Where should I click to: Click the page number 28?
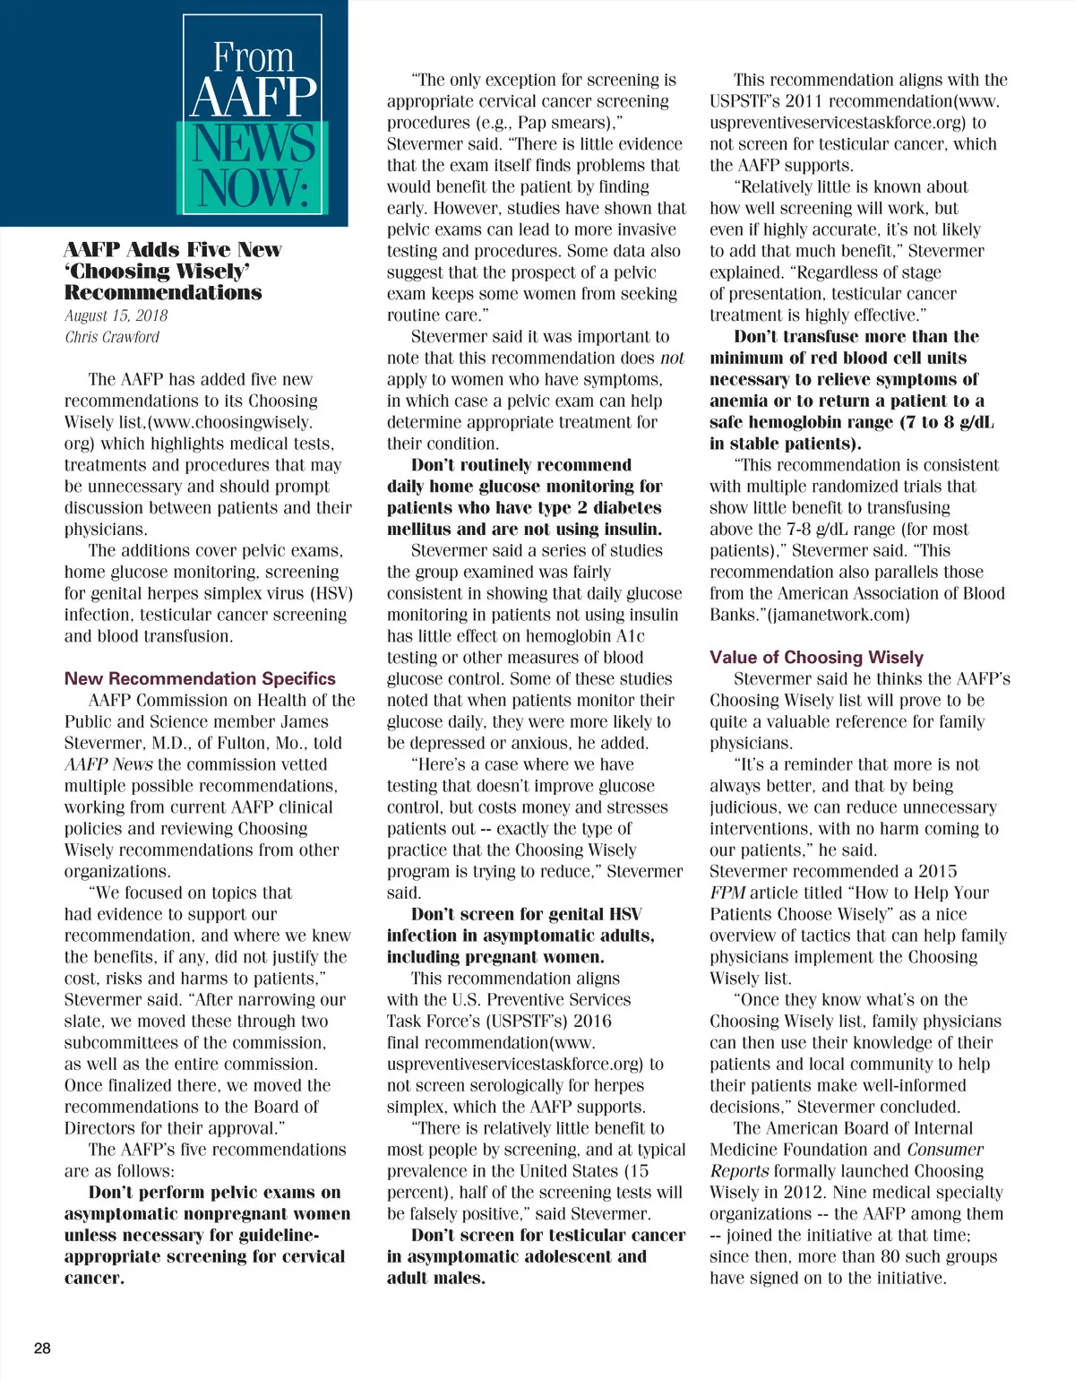(42, 1348)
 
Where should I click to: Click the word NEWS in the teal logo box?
(254, 143)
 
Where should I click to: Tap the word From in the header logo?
(254, 58)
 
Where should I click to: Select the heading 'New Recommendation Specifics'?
(200, 678)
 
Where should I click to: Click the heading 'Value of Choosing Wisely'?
(816, 657)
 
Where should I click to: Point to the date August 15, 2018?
(116, 315)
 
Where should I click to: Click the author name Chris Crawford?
(112, 337)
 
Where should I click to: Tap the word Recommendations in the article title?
(163, 293)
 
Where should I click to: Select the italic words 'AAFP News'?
(108, 764)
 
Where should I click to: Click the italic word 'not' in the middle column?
(672, 358)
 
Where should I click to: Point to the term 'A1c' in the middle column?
(630, 636)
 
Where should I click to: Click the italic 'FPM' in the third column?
(727, 893)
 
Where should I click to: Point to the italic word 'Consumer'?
(945, 1150)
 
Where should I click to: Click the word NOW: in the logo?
(254, 188)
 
